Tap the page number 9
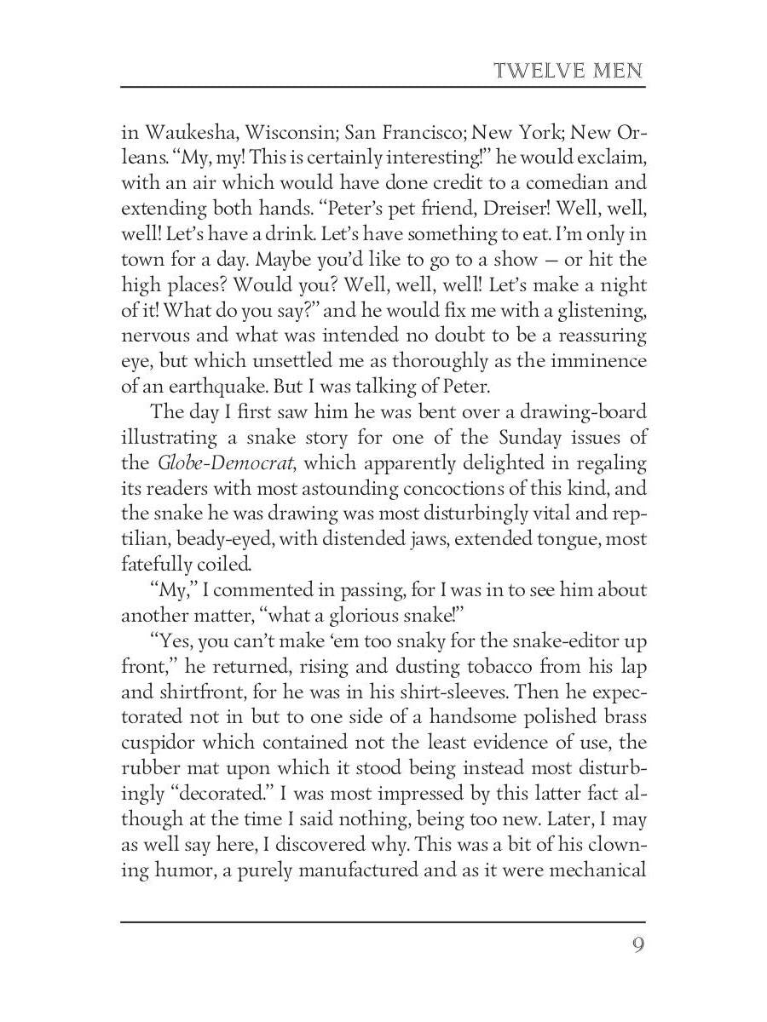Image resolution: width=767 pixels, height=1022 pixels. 637,946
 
